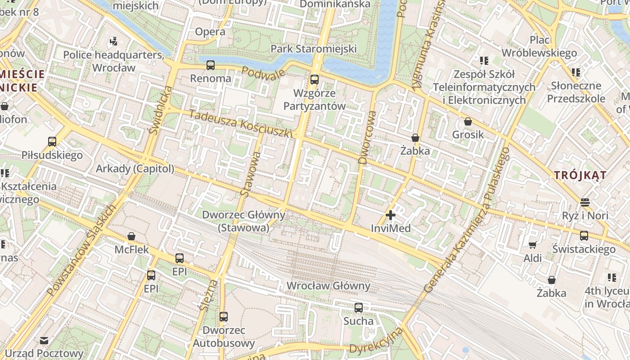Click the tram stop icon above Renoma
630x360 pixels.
point(210,65)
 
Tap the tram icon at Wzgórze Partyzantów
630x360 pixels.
point(314,80)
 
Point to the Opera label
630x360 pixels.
point(210,31)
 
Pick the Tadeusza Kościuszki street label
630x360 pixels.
point(241,123)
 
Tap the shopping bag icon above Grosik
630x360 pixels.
point(468,121)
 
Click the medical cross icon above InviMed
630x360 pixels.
point(391,215)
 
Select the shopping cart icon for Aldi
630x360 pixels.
point(532,245)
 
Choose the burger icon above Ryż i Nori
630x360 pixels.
point(585,202)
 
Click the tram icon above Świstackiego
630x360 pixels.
point(584,236)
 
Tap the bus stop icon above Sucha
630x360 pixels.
point(358,308)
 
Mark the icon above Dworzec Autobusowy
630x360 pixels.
point(224,317)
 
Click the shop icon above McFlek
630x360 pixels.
point(131,236)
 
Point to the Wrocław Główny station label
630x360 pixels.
point(328,286)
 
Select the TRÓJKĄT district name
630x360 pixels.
point(580,175)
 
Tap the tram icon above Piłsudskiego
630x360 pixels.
point(52,142)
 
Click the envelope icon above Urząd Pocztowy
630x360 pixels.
point(44,341)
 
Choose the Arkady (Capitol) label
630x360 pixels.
point(135,169)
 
